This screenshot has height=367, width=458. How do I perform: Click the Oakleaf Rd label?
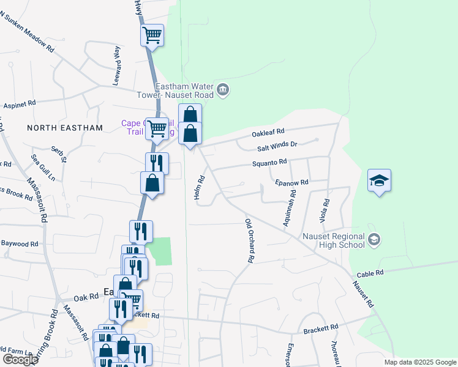[x=268, y=132]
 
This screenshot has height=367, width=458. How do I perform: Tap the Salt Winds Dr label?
[x=277, y=146]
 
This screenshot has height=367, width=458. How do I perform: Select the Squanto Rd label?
[x=270, y=163]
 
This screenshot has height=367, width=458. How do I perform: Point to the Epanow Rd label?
[x=291, y=182]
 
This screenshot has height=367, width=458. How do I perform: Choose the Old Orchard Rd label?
[x=249, y=240]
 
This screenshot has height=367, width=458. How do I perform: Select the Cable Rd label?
[x=371, y=273]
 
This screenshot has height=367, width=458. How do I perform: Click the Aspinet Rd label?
[x=20, y=105]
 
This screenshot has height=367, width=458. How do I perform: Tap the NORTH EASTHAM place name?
[x=65, y=128]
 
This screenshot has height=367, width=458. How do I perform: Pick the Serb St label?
[x=58, y=155]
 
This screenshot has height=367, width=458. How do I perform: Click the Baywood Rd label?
[x=19, y=244]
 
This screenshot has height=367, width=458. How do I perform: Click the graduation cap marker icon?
[x=379, y=180]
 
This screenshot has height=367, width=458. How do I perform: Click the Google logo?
[x=20, y=360]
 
